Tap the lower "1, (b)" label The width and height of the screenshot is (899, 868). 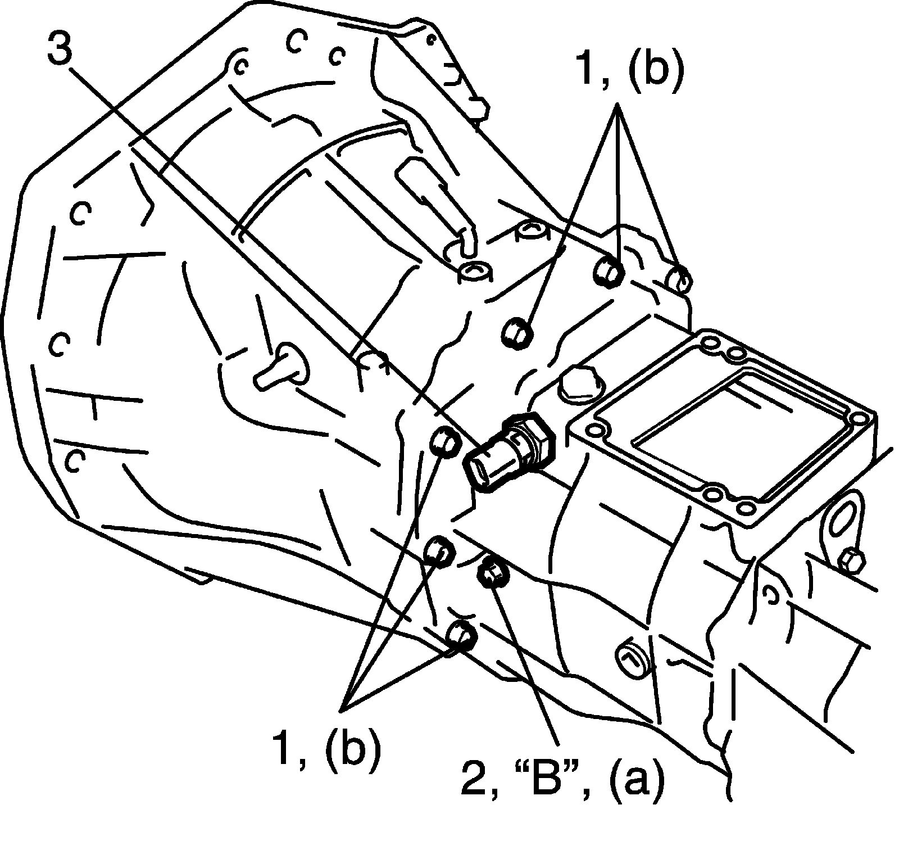click(x=325, y=747)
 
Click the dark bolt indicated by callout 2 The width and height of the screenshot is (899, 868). click(x=492, y=573)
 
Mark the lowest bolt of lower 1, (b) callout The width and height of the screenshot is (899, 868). click(x=462, y=635)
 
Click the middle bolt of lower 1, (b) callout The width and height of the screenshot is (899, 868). click(x=438, y=550)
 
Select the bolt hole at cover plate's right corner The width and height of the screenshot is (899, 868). click(x=858, y=419)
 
